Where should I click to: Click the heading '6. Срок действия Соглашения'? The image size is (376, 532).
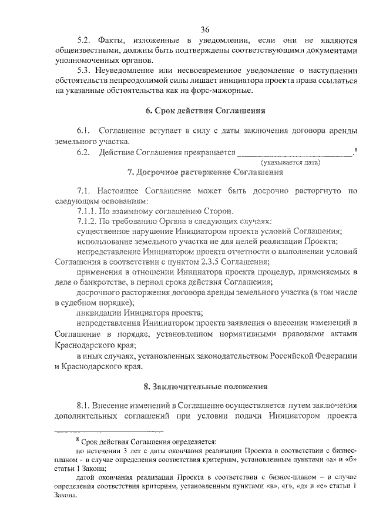tap(204, 111)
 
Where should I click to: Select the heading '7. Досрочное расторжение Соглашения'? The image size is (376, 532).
tap(204, 173)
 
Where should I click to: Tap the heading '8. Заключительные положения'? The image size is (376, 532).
tap(204, 387)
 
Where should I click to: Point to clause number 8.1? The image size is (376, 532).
tap(85, 406)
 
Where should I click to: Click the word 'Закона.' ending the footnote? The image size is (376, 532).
tap(68, 496)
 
